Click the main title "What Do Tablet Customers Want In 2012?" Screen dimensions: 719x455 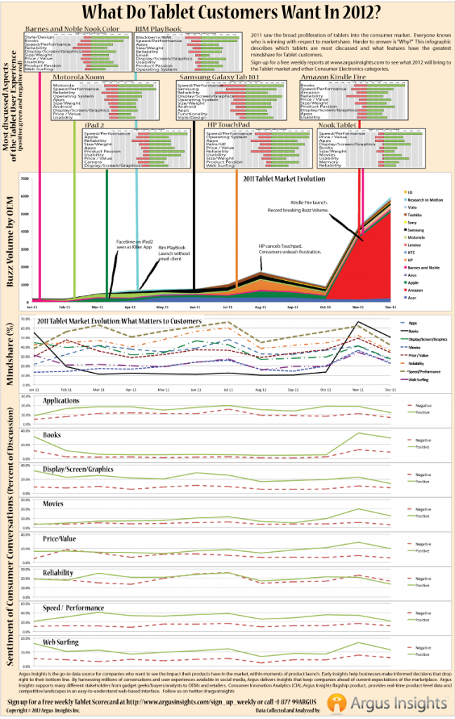click(227, 13)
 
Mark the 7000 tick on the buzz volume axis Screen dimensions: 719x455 click(25, 178)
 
